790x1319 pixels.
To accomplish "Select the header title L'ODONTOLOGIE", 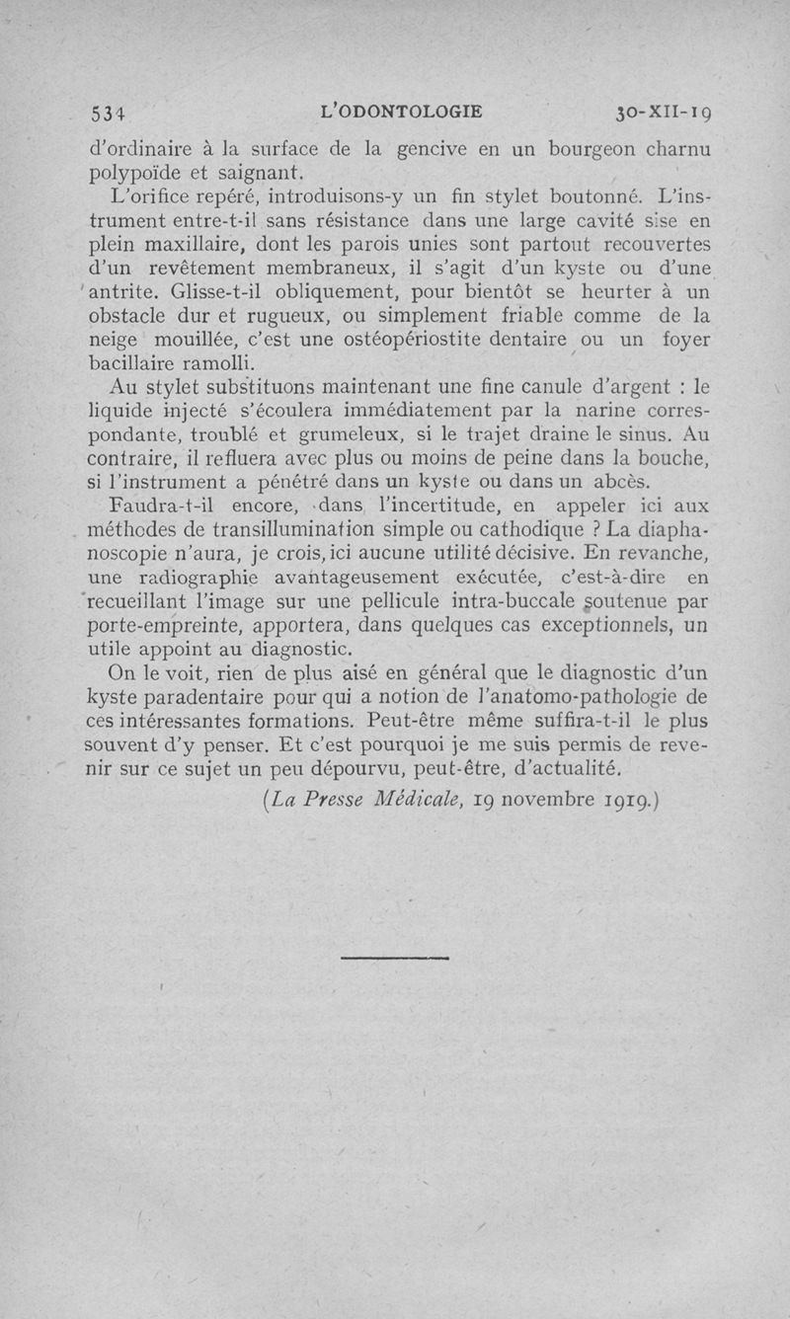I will pyautogui.click(x=402, y=112).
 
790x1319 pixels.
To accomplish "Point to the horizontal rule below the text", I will pyautogui.click(x=395, y=957).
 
